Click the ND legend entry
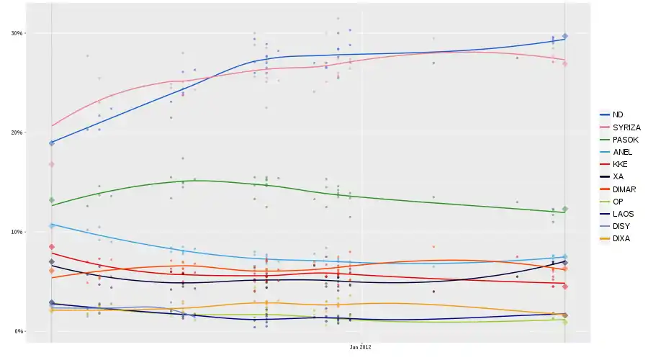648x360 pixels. tap(618, 114)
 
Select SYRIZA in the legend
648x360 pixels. tap(626, 127)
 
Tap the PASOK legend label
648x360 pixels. tap(625, 140)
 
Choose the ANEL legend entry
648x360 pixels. tap(622, 152)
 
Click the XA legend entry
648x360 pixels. tap(618, 176)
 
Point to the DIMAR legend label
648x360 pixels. tap(624, 189)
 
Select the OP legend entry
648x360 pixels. tap(618, 201)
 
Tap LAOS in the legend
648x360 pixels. tap(622, 214)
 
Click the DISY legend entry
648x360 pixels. tap(621, 226)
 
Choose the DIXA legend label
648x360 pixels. tap(621, 238)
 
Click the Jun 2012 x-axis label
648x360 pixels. tap(360, 347)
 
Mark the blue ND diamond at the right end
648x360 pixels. tap(565, 36)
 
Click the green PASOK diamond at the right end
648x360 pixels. tap(565, 209)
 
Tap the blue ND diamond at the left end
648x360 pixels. tap(51, 143)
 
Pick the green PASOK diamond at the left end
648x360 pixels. tap(51, 200)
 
